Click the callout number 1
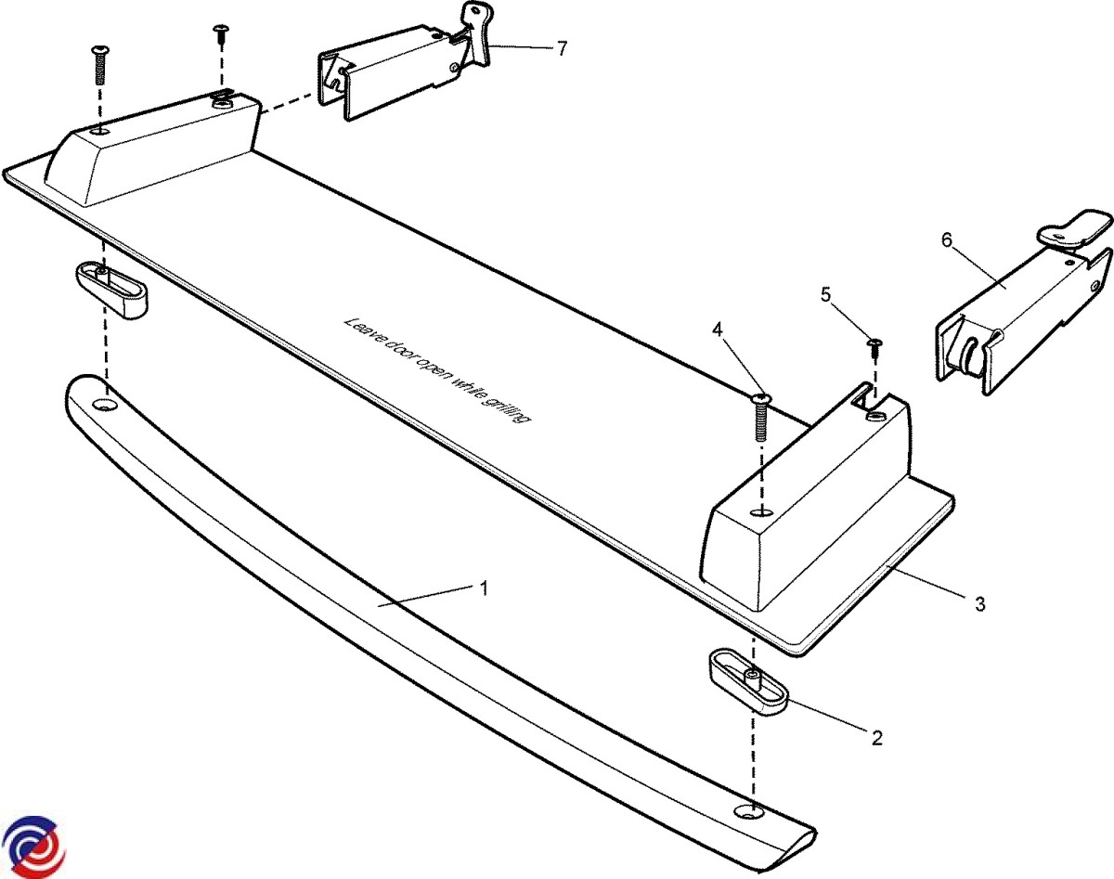point(484,588)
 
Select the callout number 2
point(875,738)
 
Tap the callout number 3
point(979,604)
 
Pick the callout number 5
point(825,295)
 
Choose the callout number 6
point(946,239)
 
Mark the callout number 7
point(562,49)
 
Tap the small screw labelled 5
point(874,349)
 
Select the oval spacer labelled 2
point(747,681)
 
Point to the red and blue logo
point(32,846)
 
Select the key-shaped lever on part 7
point(479,37)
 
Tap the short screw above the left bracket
point(221,34)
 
